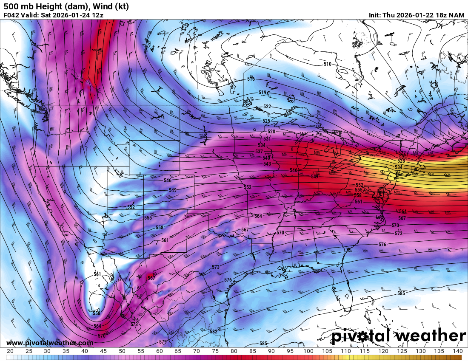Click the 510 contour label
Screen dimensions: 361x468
pyautogui.click(x=327, y=64)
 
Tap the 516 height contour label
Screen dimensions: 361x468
pyautogui.click(x=251, y=79)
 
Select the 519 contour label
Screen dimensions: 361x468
pyautogui.click(x=263, y=93)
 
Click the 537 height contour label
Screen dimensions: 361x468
pyautogui.click(x=259, y=152)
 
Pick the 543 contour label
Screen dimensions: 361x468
pyautogui.click(x=267, y=164)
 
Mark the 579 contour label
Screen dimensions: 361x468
pyautogui.click(x=163, y=342)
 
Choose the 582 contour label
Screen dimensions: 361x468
pyautogui.click(x=214, y=332)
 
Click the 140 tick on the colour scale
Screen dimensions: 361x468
pyautogui.click(x=457, y=351)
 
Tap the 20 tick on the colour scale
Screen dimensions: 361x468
pyautogui.click(x=10, y=351)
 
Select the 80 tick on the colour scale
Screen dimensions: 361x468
pyautogui.click(x=234, y=351)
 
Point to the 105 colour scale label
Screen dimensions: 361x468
pyautogui.click(x=327, y=351)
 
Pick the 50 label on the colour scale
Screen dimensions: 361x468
pyautogui.click(x=122, y=351)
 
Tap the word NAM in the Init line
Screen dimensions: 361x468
pyautogui.click(x=457, y=15)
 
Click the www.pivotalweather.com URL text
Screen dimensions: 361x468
pyautogui.click(x=50, y=343)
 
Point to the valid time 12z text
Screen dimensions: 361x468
pyautogui.click(x=97, y=15)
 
